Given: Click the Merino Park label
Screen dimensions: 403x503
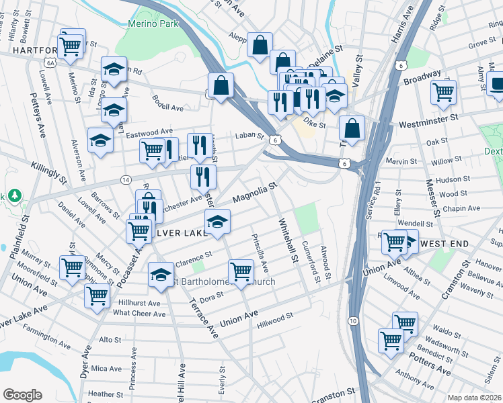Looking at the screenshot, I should tap(147, 24).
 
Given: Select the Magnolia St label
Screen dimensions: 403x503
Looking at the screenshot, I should tap(256, 194).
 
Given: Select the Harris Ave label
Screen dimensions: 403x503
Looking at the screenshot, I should tap(400, 31).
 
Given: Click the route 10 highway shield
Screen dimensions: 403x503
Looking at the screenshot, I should tap(353, 322).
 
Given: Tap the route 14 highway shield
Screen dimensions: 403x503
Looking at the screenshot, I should tap(126, 179).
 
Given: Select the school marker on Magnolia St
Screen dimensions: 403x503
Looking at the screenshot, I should tap(217, 222).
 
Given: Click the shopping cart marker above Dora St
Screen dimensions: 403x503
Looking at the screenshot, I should tap(241, 272).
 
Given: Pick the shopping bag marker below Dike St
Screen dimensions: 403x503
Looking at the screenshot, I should tap(352, 128).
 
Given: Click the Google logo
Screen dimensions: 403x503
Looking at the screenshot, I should tap(22, 394).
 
